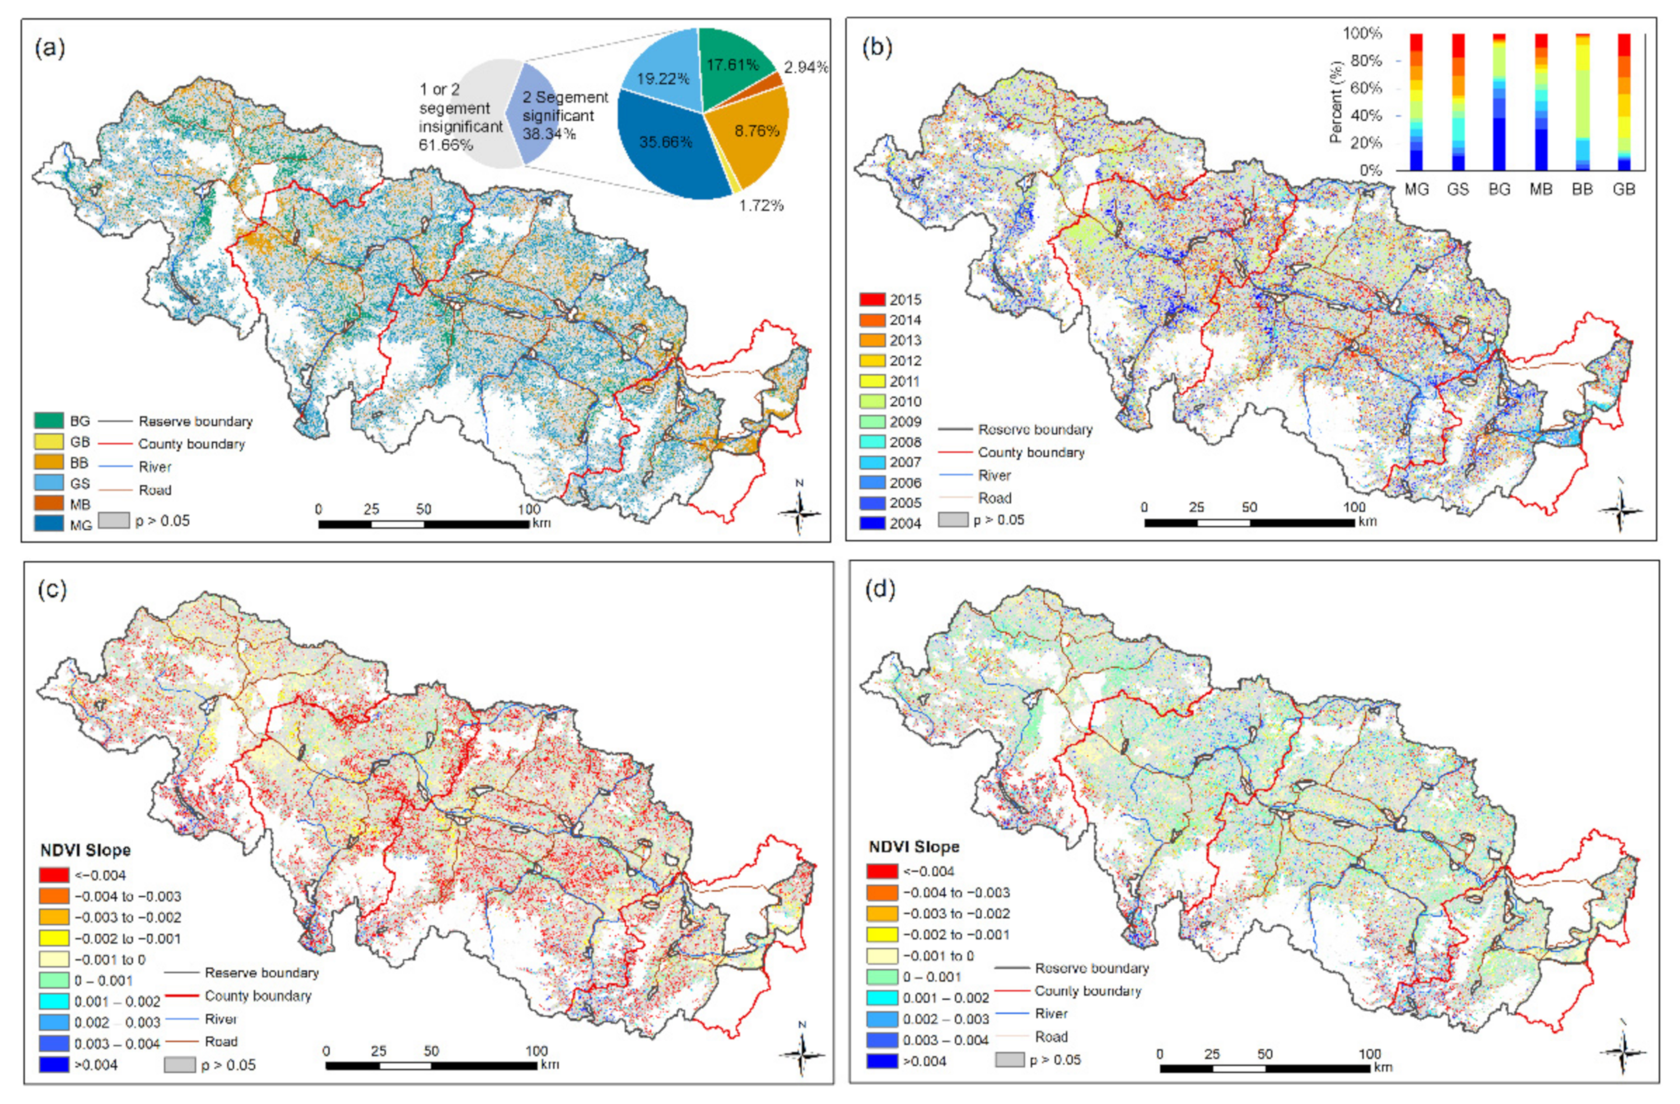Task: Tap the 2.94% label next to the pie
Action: (x=805, y=67)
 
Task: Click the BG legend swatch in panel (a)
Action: (x=49, y=420)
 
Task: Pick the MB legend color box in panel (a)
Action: (x=49, y=503)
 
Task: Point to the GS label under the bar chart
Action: (x=1458, y=189)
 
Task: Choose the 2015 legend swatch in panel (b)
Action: (x=872, y=300)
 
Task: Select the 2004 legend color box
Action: (x=872, y=523)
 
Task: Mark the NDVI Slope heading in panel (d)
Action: (x=913, y=846)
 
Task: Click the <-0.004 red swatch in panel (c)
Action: (x=54, y=875)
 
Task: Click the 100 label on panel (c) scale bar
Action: (x=536, y=1050)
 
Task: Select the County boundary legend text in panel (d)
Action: (x=1087, y=991)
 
